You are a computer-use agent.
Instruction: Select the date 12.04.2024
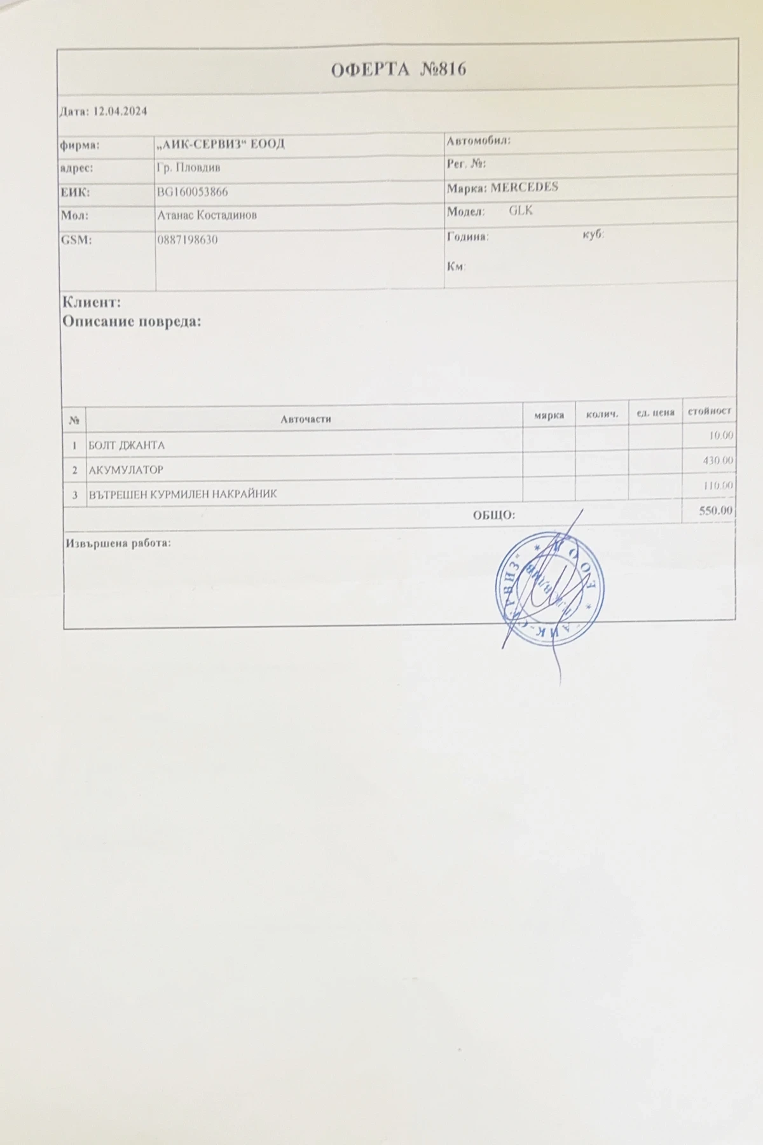[x=120, y=111]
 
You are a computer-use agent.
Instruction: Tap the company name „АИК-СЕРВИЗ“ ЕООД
[x=221, y=144]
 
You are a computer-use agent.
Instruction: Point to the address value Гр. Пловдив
[x=188, y=168]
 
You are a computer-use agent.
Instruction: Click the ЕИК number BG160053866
[x=192, y=191]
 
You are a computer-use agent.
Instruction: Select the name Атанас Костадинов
[x=207, y=215]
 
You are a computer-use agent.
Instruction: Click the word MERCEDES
[x=525, y=188]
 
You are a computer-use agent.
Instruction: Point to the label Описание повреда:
[x=131, y=321]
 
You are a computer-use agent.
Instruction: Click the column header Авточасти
[x=305, y=419]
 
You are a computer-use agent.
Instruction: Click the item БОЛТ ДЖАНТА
[x=127, y=445]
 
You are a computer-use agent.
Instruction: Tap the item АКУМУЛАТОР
[x=126, y=470]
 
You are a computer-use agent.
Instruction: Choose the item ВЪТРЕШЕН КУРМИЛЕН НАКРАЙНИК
[x=183, y=494]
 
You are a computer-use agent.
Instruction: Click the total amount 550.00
[x=715, y=511]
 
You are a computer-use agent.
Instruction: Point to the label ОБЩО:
[x=493, y=515]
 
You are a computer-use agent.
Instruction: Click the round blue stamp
[x=550, y=586]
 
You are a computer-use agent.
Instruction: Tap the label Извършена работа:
[x=118, y=544]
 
